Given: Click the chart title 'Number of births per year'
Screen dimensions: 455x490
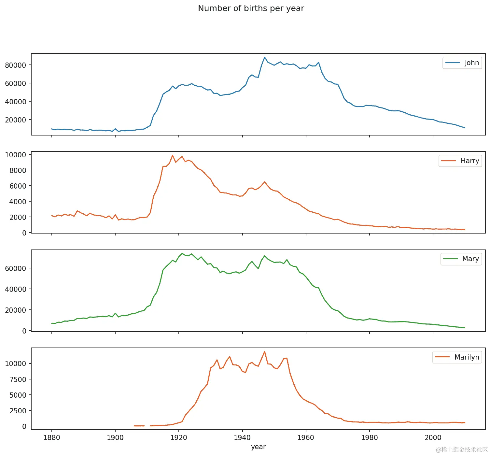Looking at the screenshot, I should click(x=251, y=8).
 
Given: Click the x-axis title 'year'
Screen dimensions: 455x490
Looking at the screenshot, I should click(x=258, y=447).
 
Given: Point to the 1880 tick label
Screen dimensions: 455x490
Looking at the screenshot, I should click(x=51, y=437).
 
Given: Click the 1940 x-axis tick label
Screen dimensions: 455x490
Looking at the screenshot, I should click(x=242, y=437).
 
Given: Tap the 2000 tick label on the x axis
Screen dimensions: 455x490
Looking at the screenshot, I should click(x=433, y=437).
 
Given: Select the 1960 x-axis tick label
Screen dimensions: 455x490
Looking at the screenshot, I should click(x=306, y=437).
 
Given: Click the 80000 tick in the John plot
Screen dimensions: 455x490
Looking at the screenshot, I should click(x=15, y=65).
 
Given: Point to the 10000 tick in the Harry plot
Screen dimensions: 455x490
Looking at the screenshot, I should click(x=15, y=155).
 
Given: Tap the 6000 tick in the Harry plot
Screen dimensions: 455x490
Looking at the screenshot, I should click(x=18, y=186).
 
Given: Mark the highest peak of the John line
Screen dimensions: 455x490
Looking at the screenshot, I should click(x=265, y=57).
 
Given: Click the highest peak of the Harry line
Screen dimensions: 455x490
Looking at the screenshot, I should click(x=173, y=155).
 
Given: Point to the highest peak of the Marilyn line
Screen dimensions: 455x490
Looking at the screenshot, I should click(x=265, y=352).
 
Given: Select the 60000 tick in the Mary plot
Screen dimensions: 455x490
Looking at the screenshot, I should click(x=15, y=268).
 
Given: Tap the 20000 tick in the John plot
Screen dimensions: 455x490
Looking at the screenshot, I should click(x=15, y=120).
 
